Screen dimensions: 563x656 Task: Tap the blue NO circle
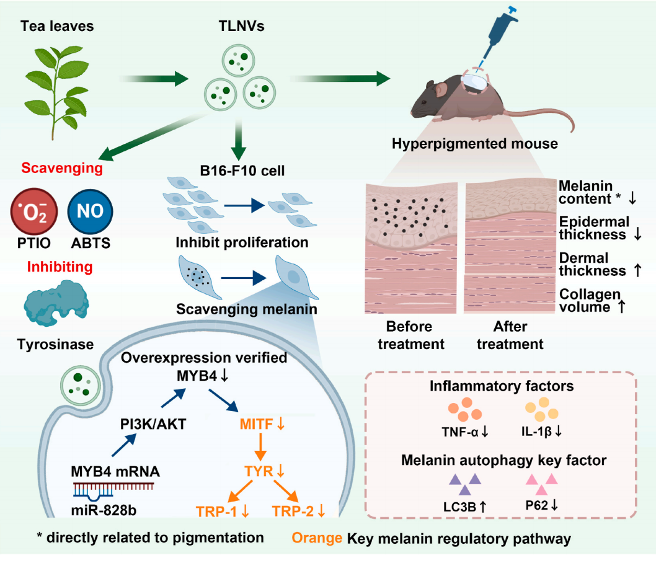pos(90,213)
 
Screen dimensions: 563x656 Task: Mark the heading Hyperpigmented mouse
pos(475,144)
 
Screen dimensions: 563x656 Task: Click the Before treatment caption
pos(415,335)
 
